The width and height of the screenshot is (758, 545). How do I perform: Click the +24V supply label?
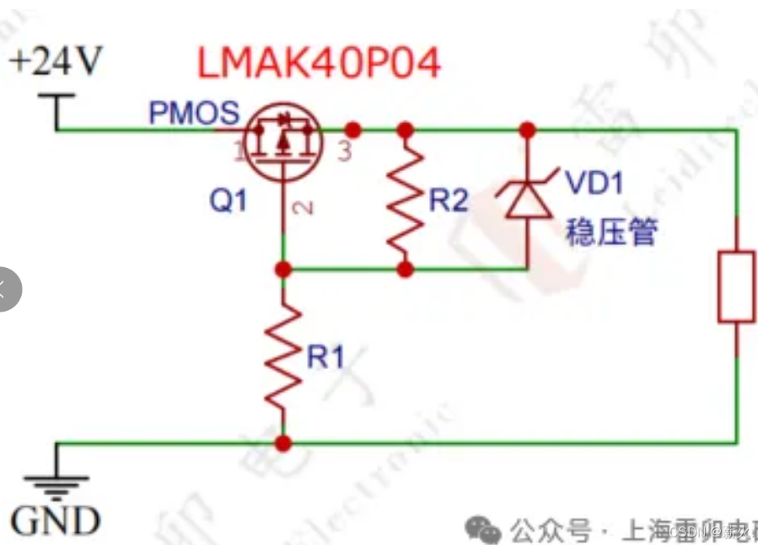click(56, 61)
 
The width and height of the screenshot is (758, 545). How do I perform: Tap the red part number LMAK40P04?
click(319, 63)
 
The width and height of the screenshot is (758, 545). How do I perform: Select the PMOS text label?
click(194, 113)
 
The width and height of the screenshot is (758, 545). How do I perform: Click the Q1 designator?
click(228, 200)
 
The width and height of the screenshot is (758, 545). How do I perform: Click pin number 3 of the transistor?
click(343, 152)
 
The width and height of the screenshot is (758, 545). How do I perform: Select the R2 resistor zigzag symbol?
click(406, 200)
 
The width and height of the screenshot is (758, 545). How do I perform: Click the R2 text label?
click(448, 200)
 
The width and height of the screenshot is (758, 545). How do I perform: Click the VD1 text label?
click(594, 182)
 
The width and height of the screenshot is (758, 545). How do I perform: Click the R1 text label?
click(325, 357)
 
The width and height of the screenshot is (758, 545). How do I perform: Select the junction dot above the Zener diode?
click(528, 130)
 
